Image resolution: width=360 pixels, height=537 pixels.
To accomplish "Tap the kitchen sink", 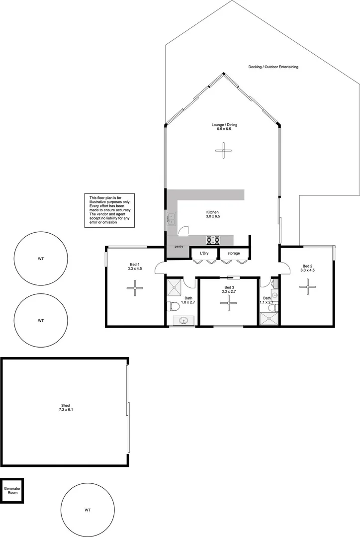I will (x=171, y=218).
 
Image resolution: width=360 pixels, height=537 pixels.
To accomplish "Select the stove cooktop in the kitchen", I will (x=214, y=240).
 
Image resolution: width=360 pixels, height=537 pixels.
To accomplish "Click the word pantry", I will (x=179, y=247).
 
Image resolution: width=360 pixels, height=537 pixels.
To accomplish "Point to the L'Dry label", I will (x=204, y=254).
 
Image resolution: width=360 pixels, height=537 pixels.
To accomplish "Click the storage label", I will (x=234, y=254).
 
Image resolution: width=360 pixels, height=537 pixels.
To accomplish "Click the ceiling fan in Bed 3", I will (x=229, y=303).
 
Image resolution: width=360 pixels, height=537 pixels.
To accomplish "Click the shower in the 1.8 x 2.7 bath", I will (x=175, y=286).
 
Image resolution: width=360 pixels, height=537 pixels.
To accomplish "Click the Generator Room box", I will (x=12, y=491).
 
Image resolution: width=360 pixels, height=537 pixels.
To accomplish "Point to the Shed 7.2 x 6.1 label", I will (x=64, y=408).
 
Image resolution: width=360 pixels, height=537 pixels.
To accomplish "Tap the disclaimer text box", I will (x=109, y=211).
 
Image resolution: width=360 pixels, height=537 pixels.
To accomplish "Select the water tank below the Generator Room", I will (x=88, y=509).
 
